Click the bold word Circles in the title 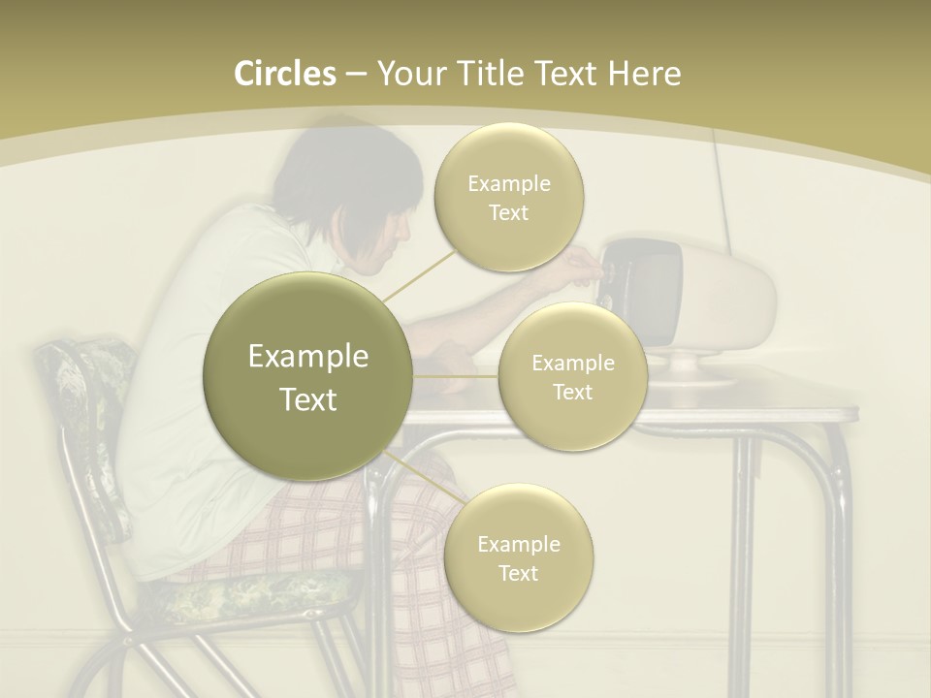[284, 74]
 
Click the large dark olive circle [307, 377]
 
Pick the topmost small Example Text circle [508, 197]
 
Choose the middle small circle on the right [572, 376]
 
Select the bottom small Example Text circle [518, 557]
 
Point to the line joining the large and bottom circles [424, 478]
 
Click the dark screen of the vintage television [644, 291]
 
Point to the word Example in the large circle [307, 357]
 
